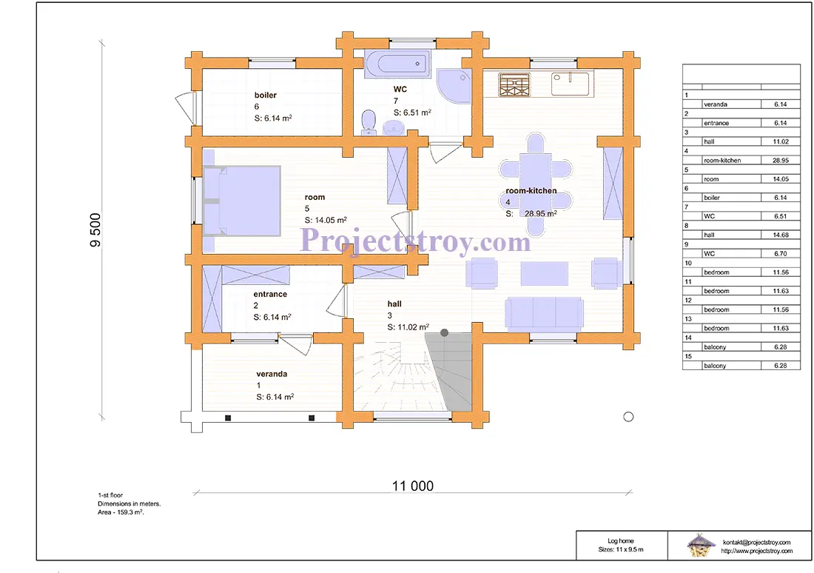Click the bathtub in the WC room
[397, 64]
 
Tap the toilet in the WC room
[369, 122]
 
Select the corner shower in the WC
[454, 85]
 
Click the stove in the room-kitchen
[514, 84]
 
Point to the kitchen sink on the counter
[570, 84]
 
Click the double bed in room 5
[241, 201]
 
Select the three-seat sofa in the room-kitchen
[544, 314]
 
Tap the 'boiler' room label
[265, 95]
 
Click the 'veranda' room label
[272, 374]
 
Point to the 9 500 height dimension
[95, 230]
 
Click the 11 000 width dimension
[413, 486]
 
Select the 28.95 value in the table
[780, 161]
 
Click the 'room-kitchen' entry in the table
[722, 161]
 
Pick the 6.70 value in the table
[780, 253]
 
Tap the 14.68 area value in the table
[780, 235]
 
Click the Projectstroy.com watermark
[415, 241]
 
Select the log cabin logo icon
[700, 545]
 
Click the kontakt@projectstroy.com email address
[756, 543]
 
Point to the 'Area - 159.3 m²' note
[121, 512]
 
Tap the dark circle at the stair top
[445, 332]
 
